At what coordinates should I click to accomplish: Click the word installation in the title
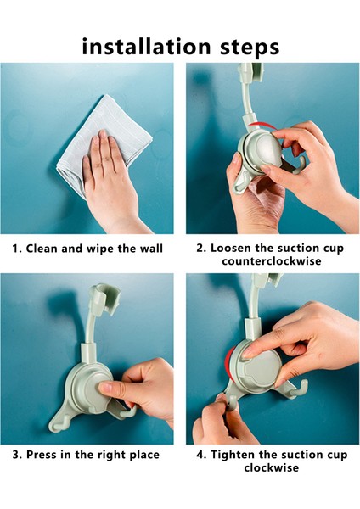[147, 47]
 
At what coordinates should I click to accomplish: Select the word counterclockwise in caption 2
[272, 261]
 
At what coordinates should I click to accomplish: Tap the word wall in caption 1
[151, 249]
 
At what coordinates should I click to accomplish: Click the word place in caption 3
[144, 455]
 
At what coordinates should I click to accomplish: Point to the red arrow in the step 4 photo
[230, 363]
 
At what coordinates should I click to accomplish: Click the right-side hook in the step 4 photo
[301, 389]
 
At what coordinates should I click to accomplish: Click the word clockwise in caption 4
[272, 467]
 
